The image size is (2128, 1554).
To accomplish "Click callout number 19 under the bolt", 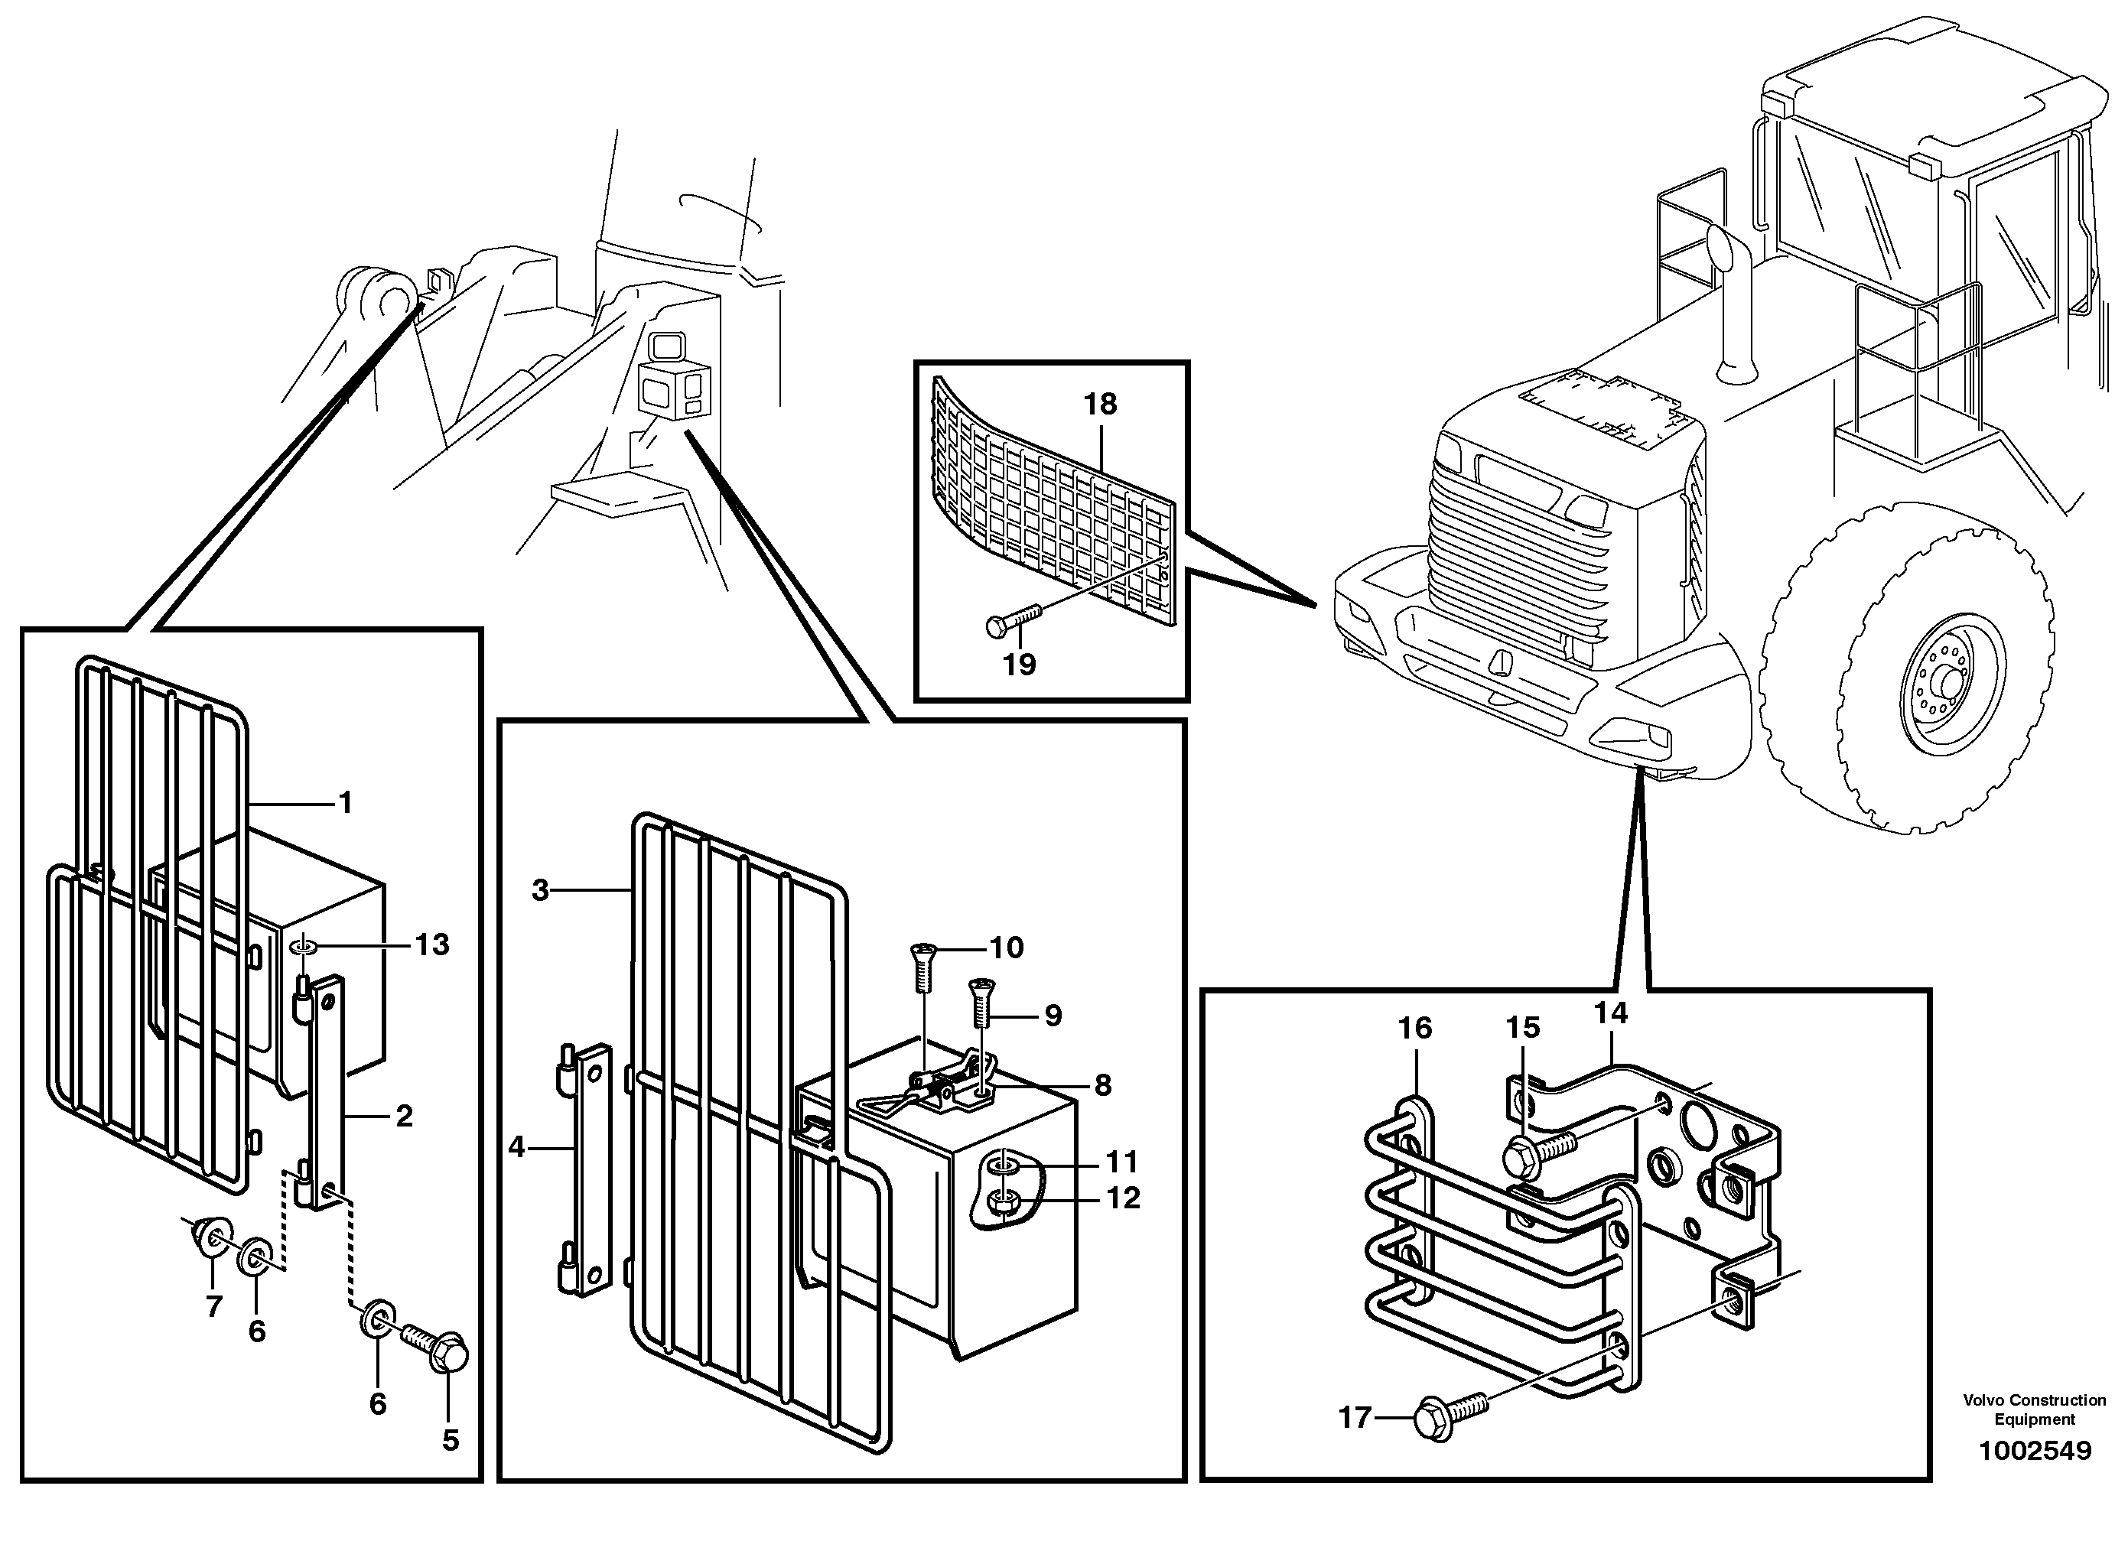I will tap(1019, 665).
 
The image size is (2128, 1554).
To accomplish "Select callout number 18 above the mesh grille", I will tap(1100, 405).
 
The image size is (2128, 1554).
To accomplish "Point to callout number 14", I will tap(1611, 1013).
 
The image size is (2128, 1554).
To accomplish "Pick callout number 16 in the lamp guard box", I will tap(1415, 1028).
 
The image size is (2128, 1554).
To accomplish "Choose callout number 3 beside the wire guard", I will tap(540, 890).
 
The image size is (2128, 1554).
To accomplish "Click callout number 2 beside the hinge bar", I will tap(404, 1117).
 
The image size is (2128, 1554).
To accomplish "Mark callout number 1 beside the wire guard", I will tap(345, 802).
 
